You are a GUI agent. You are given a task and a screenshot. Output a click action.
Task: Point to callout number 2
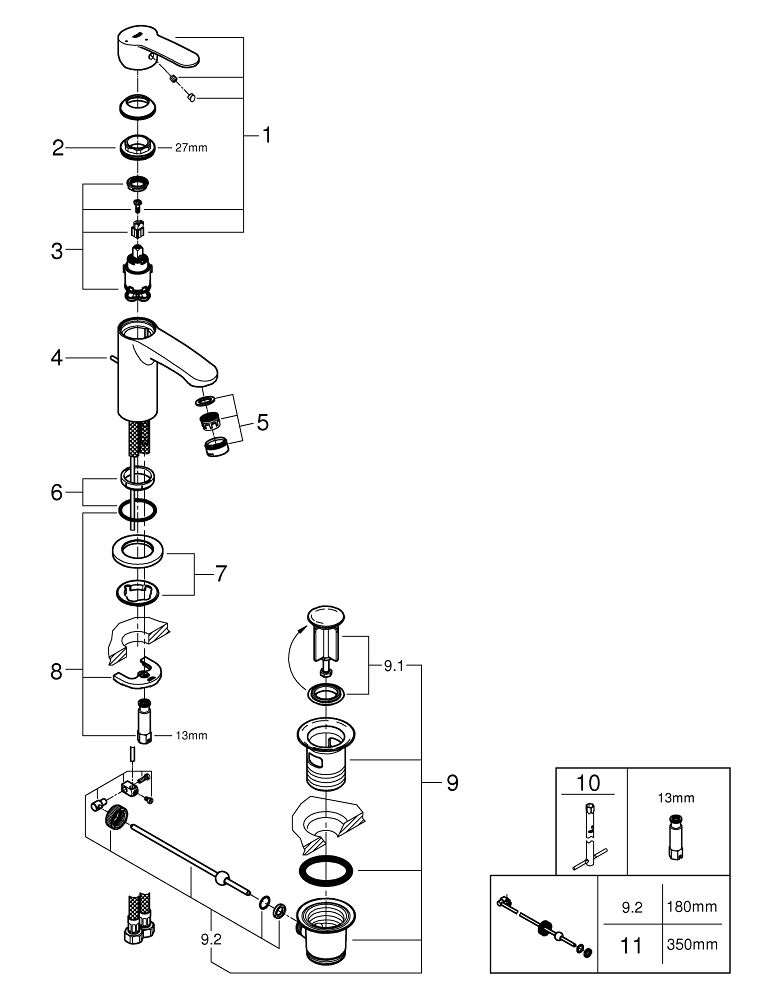pos(58,148)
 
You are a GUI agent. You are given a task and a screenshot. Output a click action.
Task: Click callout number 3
pos(58,251)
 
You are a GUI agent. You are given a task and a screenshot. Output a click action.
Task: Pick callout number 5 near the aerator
pos(262,421)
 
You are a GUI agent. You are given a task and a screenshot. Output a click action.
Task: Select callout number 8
pos(58,672)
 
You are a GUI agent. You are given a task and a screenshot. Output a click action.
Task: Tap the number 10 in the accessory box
pos(590,782)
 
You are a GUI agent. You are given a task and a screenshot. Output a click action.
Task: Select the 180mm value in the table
pos(692,907)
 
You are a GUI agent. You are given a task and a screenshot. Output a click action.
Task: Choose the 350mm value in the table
pos(692,942)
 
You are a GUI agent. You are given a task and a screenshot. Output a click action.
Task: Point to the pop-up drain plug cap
pos(327,614)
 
